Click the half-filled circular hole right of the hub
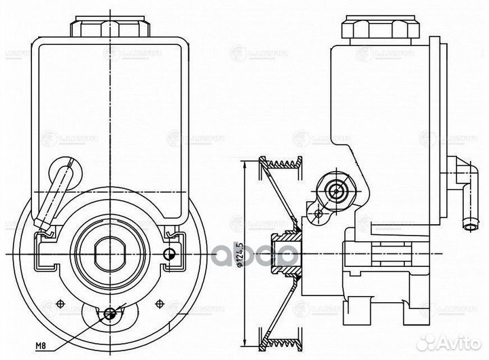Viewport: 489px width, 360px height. (170, 254)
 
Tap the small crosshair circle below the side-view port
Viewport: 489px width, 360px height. (319, 213)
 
